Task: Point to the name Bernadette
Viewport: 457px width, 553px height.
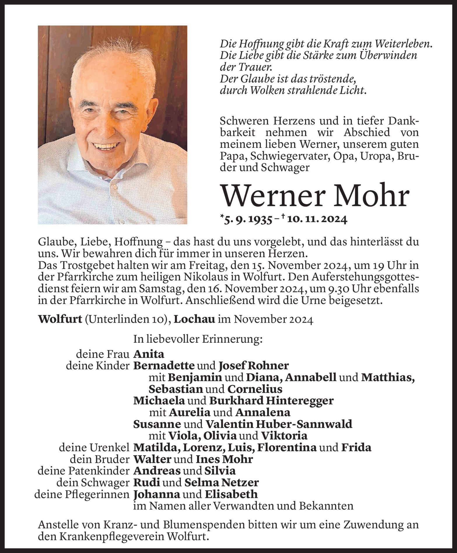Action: coord(164,365)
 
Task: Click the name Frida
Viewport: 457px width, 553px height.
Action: coord(356,447)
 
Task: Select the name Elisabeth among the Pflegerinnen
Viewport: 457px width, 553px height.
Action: coord(231,494)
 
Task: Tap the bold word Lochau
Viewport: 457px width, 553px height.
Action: coord(195,320)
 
